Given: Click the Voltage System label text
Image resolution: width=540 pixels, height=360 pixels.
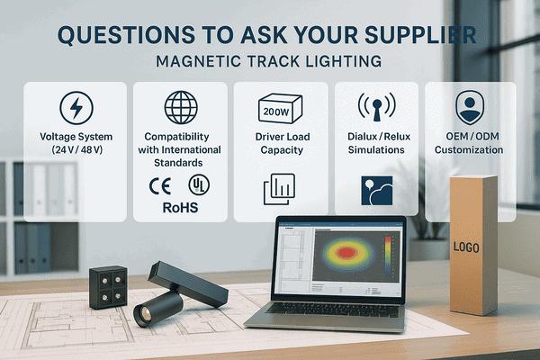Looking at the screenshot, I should point(76,142).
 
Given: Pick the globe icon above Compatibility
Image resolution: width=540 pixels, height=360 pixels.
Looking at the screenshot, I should point(181,107).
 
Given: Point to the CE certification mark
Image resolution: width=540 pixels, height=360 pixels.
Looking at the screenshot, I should point(158,185).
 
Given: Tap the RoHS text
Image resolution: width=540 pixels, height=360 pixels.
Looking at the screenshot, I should point(180,207).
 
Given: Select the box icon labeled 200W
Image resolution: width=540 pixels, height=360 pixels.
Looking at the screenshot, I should point(279,108).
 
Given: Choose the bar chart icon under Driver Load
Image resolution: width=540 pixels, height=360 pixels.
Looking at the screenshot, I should point(279,190).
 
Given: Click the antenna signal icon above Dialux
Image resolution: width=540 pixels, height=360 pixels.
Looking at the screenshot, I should point(376,107).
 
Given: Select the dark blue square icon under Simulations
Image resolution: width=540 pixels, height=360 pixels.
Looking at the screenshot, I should point(376,192).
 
